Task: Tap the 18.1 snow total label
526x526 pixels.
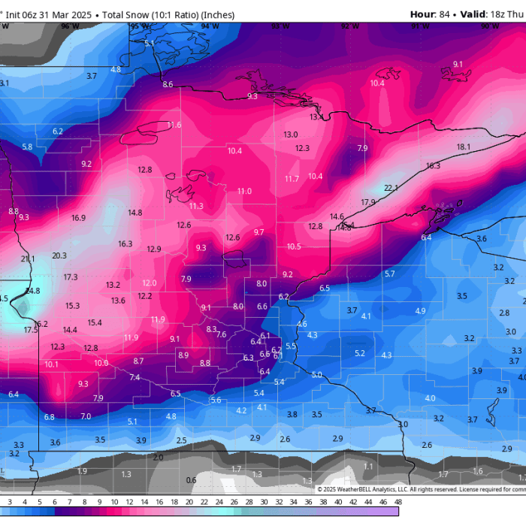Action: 464,147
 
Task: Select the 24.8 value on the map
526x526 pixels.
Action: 32,291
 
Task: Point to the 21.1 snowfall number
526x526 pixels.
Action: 28,258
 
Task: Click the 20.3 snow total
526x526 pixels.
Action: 59,255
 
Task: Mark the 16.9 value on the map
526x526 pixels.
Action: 79,218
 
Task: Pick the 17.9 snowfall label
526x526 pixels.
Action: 368,202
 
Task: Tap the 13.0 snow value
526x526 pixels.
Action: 290,135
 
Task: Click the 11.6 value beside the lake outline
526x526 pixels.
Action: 174,125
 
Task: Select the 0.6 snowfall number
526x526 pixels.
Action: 191,480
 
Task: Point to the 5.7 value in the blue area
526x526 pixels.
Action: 389,274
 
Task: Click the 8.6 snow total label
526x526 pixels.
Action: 168,84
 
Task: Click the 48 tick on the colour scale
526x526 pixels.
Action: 397,501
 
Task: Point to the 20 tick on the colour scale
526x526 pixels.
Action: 189,501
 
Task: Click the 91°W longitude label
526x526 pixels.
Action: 420,26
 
